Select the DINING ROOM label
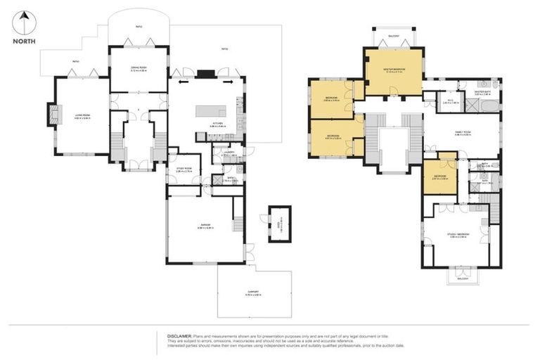(x=138, y=68)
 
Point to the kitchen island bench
(x=212, y=112)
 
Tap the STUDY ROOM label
(x=184, y=169)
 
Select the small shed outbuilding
(x=279, y=221)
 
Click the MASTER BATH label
(x=482, y=91)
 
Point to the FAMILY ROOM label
(x=462, y=134)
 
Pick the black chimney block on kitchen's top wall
(x=204, y=72)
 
